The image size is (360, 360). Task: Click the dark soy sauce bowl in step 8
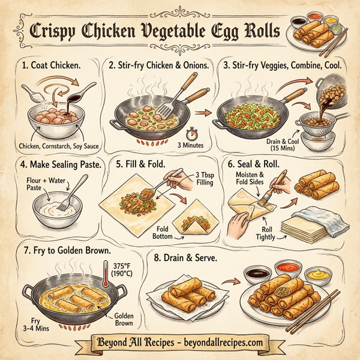coord(256,274)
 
